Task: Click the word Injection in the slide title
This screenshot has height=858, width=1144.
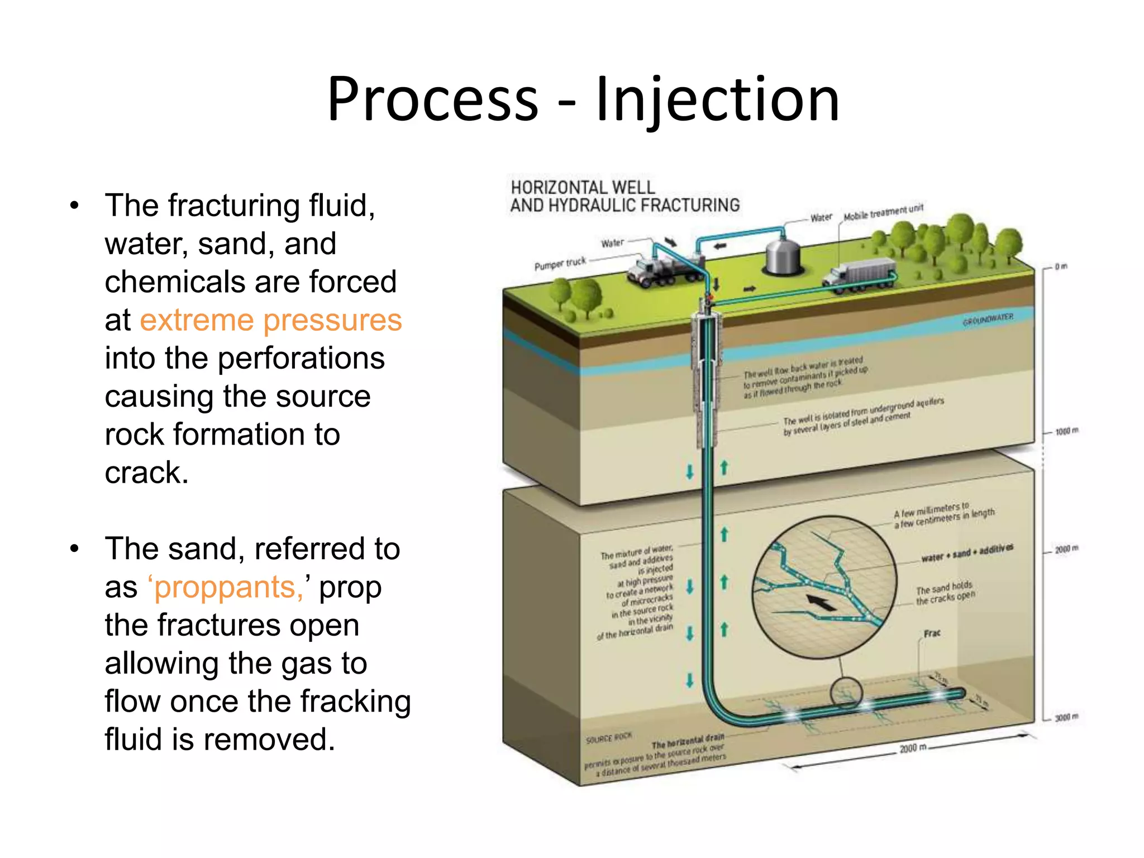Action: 717,99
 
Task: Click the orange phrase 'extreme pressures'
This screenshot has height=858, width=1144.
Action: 270,320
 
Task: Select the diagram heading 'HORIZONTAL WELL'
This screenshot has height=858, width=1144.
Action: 582,187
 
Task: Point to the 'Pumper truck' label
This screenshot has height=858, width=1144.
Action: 560,263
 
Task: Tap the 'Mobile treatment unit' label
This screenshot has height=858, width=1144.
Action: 883,212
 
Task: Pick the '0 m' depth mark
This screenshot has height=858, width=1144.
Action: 1061,266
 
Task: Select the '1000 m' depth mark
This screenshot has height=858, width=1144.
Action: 1066,431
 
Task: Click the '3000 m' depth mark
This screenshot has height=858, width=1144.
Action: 1066,717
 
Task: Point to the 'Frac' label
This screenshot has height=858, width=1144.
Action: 931,633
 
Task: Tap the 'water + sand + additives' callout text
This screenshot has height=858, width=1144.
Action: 966,552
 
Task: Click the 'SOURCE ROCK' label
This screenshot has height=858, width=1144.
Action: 608,738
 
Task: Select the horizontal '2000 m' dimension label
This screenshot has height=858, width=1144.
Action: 913,747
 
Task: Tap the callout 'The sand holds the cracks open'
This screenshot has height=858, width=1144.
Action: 945,593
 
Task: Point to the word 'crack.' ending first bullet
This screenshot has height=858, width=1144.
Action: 146,473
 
